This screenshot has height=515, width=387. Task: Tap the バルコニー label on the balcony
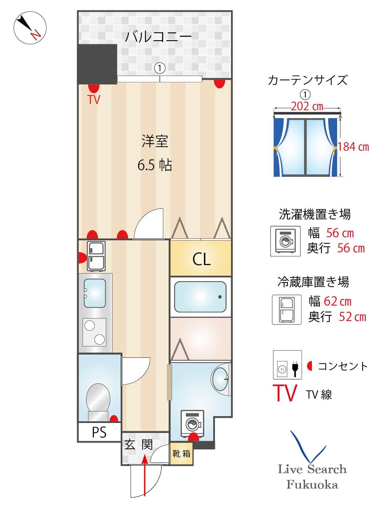[x=158, y=36]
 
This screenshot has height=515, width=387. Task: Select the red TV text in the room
[x=94, y=100]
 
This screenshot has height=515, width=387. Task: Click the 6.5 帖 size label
[x=155, y=165]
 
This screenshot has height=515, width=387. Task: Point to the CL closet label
[x=201, y=259]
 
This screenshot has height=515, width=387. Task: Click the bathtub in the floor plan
[x=200, y=297]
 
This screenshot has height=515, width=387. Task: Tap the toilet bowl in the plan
[x=98, y=398]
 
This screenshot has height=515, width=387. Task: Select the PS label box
[x=99, y=432]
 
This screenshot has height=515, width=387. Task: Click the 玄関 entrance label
[x=138, y=445]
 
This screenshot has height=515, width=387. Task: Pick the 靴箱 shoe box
[x=181, y=454]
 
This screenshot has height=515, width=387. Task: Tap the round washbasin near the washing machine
[x=220, y=379]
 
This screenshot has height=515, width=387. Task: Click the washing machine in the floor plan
[x=193, y=424]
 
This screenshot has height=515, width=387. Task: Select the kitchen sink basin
[x=95, y=293]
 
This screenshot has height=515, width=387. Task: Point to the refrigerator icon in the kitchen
[x=96, y=256]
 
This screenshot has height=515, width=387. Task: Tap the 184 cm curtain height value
[x=353, y=147]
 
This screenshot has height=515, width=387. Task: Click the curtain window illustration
[x=305, y=147]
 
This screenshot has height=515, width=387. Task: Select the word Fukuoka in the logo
[x=312, y=485]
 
